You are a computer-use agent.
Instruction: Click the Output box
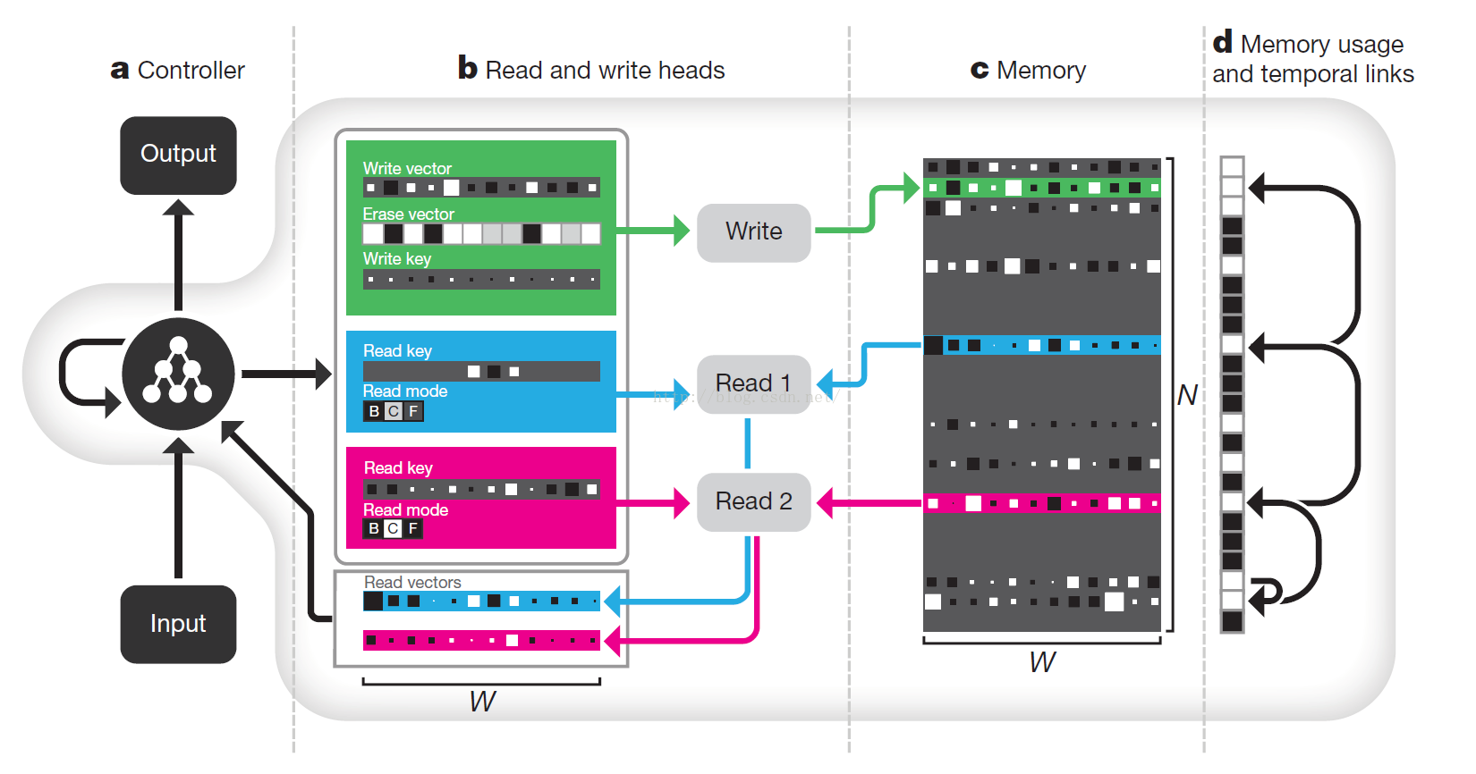(x=178, y=156)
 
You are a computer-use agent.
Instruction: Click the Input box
(x=178, y=624)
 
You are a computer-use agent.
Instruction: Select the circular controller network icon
(x=178, y=374)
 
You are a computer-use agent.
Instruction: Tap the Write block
(x=754, y=232)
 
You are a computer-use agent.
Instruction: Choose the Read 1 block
(x=754, y=383)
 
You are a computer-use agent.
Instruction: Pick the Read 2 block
(x=754, y=501)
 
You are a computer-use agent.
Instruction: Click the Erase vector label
(x=409, y=214)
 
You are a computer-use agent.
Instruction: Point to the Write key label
(x=396, y=259)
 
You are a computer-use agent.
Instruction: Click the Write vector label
(x=407, y=169)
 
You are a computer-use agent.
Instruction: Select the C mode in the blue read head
(x=394, y=411)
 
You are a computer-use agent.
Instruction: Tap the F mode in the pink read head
(x=413, y=528)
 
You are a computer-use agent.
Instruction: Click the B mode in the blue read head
(x=374, y=411)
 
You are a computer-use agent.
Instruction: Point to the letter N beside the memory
(x=1187, y=395)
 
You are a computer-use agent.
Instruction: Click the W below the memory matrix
(x=1042, y=662)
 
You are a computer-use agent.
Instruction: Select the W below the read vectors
(x=482, y=702)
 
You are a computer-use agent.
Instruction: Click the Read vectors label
(x=412, y=583)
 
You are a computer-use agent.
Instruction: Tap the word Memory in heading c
(x=1041, y=70)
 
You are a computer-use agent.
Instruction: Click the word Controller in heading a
(x=191, y=70)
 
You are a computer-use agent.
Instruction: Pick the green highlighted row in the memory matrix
(x=1042, y=188)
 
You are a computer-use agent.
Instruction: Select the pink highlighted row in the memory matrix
(x=1042, y=503)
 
